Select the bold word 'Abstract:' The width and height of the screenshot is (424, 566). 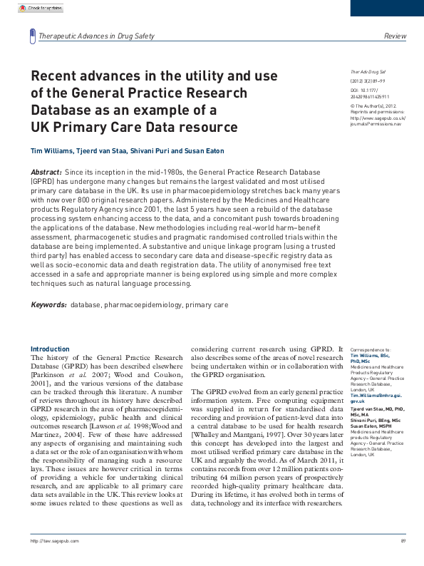click(46, 173)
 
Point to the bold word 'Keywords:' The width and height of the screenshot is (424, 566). click(48, 304)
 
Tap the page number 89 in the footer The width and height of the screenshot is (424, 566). click(403, 560)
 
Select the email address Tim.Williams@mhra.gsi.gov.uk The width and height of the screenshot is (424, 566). click(371, 398)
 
